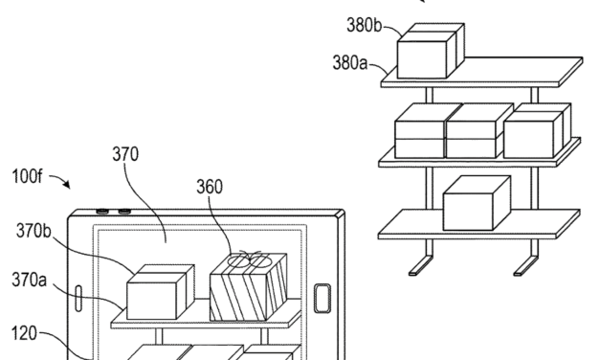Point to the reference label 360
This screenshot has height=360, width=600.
pos(211,187)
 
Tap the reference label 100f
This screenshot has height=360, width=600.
pos(23,179)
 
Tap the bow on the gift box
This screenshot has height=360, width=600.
pos(251,258)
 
